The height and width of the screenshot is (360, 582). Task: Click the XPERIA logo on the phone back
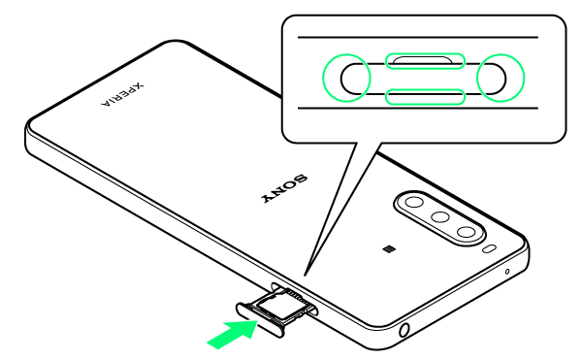point(122,94)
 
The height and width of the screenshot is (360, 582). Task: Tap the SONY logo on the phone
point(284,188)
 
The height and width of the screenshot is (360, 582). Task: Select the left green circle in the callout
point(346,78)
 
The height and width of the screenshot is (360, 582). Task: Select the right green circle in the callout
point(501,78)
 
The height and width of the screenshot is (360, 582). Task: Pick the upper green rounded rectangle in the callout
point(425,61)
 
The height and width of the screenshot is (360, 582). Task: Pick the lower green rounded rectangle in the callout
point(425,97)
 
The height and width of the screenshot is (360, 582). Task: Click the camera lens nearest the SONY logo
point(414,202)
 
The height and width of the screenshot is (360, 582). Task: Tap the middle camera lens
point(440,216)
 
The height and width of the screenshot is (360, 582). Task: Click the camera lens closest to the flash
point(467,232)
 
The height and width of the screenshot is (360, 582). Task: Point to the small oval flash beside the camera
point(490,249)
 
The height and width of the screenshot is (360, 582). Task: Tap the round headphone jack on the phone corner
point(404,330)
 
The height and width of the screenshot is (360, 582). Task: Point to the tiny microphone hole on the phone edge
point(507,272)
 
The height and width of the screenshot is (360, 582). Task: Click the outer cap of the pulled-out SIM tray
point(260,320)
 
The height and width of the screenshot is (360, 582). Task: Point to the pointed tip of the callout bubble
point(305,276)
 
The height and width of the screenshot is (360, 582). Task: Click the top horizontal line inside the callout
point(418,37)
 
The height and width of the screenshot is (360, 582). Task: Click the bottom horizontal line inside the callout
point(418,109)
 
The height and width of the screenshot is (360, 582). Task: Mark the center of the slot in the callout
point(423,79)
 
